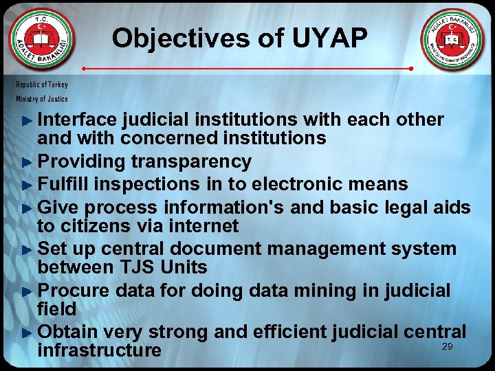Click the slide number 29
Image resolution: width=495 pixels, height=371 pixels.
tap(447, 347)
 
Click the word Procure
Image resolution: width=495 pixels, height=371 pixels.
tap(75, 291)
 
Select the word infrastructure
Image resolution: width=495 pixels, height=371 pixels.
tap(99, 350)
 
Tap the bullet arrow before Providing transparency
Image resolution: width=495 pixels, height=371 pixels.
tap(27, 163)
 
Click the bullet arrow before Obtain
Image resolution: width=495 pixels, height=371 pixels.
tap(27, 333)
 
